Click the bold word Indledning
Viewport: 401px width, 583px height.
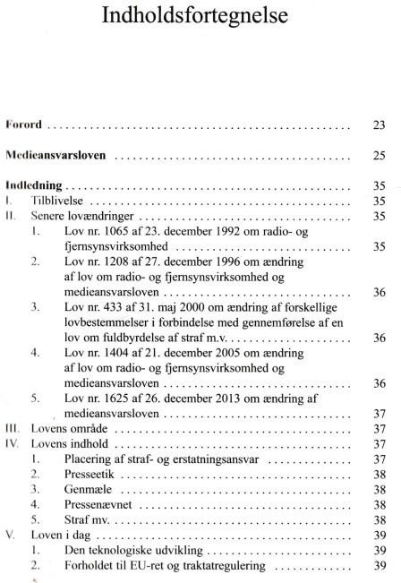pyautogui.click(x=33, y=187)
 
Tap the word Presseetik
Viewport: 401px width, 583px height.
pyautogui.click(x=82, y=475)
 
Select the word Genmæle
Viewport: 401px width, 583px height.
pyautogui.click(x=80, y=490)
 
